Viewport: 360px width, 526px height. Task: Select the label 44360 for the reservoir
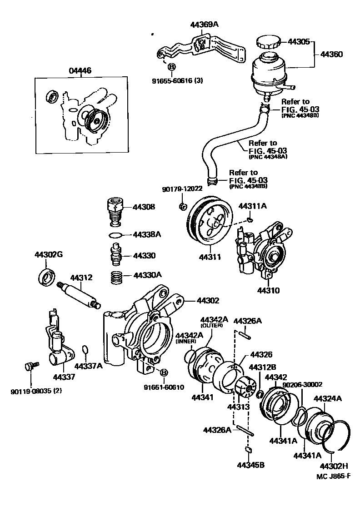tap(331, 54)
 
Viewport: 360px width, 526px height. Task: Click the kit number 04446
tap(80, 70)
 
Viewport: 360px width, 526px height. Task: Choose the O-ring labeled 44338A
tap(116, 235)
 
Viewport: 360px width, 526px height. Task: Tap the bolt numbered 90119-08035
tap(30, 366)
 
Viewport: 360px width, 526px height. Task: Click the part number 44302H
tap(334, 466)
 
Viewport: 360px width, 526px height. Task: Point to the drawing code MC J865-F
tap(334, 476)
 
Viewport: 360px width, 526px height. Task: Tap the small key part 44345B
tap(249, 450)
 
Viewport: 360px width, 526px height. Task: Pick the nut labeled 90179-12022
tap(181, 207)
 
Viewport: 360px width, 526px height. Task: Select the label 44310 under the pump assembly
tap(269, 290)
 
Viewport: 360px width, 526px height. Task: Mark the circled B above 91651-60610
tap(164, 373)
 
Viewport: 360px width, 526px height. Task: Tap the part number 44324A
tap(327, 399)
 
